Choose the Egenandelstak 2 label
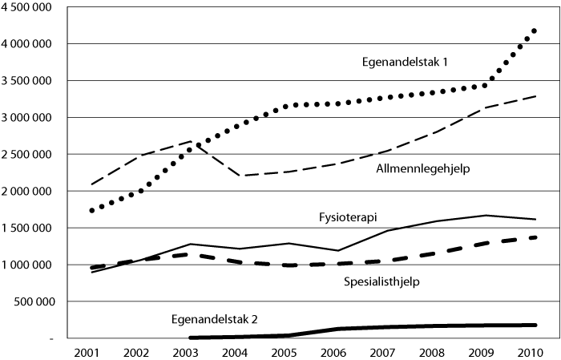tap(216, 319)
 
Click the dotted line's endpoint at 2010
tap(534, 30)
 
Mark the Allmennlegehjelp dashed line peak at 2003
tap(190, 141)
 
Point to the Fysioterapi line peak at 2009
tap(486, 215)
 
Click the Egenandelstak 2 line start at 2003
tap(191, 338)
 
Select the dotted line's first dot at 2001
tap(93, 210)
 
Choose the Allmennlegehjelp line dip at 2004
tap(239, 176)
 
